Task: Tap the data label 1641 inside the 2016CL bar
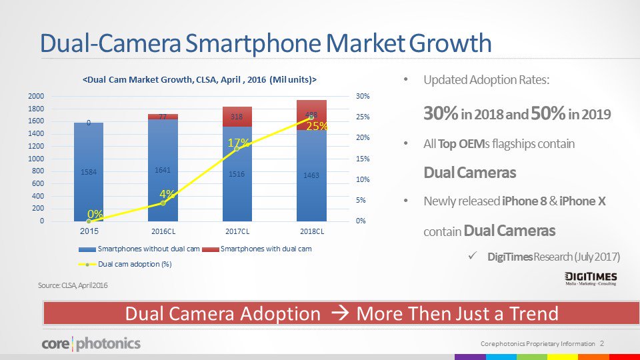pyautogui.click(x=163, y=170)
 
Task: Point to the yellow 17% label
pyautogui.click(x=239, y=143)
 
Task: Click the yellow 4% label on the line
pyautogui.click(x=167, y=194)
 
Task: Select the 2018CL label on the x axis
pyautogui.click(x=312, y=231)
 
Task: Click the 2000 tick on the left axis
pyautogui.click(x=36, y=96)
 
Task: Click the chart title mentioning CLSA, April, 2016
pyautogui.click(x=199, y=79)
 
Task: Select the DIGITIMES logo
pyautogui.click(x=589, y=279)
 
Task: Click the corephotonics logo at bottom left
pyautogui.click(x=91, y=344)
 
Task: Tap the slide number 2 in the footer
pyautogui.click(x=602, y=343)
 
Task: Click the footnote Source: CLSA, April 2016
pyautogui.click(x=73, y=285)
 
